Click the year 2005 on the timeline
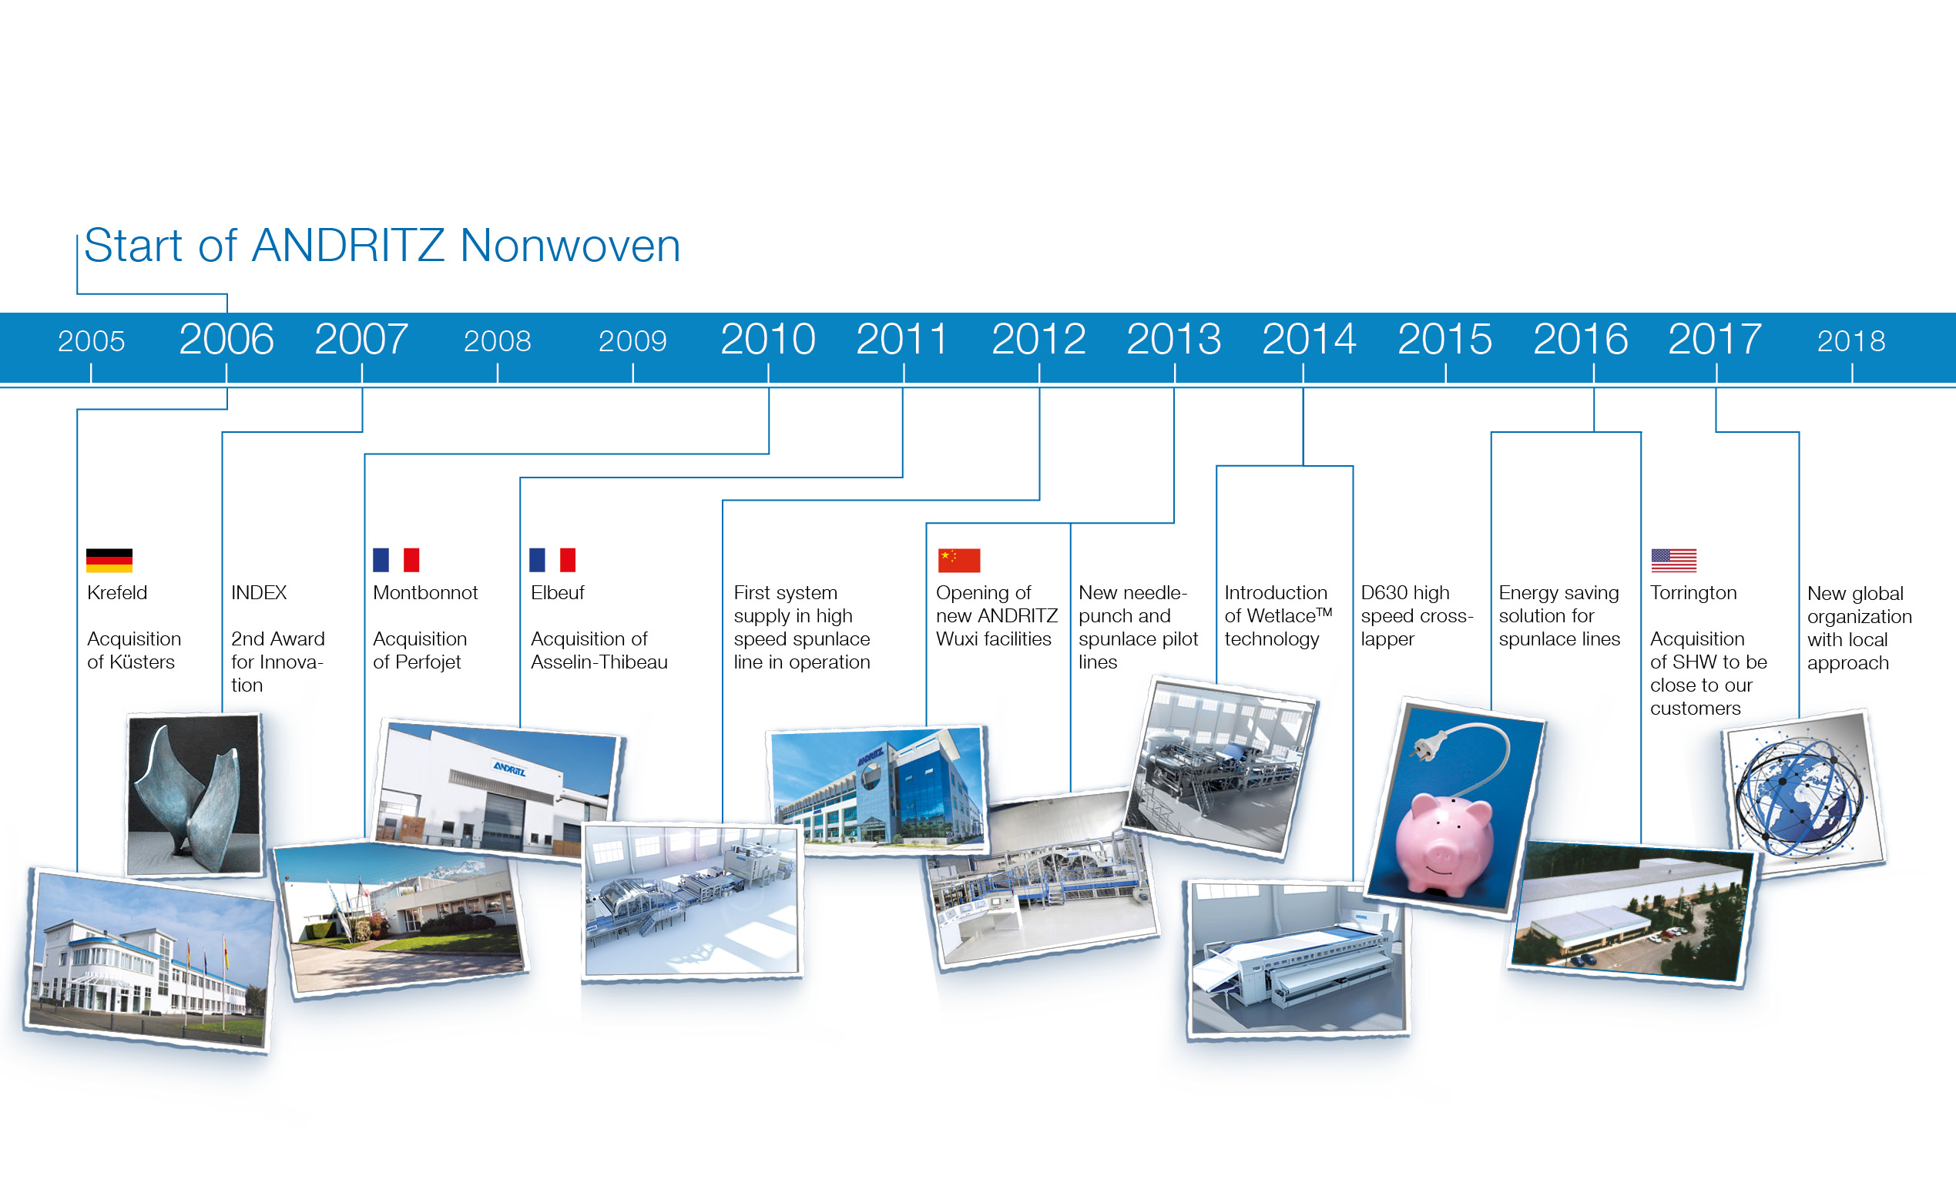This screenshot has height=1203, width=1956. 92,341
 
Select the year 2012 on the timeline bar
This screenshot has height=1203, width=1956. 1038,339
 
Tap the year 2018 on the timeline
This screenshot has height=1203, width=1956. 1851,341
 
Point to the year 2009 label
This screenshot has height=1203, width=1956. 632,341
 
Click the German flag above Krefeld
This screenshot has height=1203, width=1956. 109,560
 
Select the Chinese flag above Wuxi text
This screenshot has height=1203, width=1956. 959,560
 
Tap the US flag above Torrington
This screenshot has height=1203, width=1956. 1673,560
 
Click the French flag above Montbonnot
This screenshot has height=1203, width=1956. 395,560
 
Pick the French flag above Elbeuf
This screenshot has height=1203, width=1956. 552,560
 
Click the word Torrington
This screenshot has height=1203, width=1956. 1693,594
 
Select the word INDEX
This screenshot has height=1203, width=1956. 259,593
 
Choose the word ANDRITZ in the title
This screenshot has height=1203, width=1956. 347,245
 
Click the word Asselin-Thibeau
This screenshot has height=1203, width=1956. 599,662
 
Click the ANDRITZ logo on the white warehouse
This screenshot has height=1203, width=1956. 509,769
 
